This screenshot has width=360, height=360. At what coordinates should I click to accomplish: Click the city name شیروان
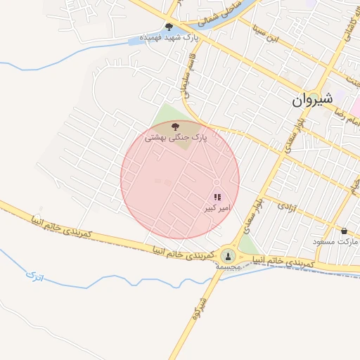(x=310, y=101)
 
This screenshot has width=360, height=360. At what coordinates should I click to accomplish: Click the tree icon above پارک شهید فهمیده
(x=169, y=26)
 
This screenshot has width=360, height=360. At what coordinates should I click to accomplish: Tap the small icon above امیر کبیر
(x=217, y=198)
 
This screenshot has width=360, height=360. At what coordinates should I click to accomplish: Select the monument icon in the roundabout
(x=228, y=255)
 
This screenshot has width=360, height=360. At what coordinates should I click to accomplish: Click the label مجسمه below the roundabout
(x=230, y=268)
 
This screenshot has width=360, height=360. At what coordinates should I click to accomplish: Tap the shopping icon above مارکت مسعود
(x=344, y=231)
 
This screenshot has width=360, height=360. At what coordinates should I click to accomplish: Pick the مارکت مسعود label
(x=338, y=242)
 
